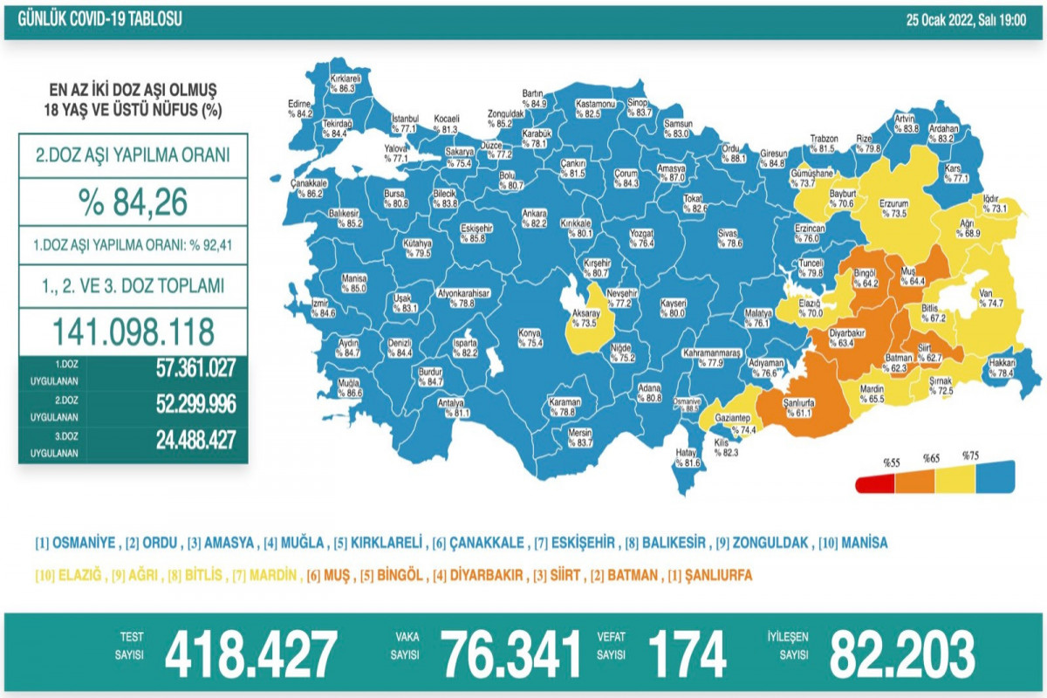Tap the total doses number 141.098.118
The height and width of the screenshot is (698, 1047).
pyautogui.click(x=133, y=332)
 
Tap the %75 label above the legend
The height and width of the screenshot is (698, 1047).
pyautogui.click(x=970, y=455)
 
